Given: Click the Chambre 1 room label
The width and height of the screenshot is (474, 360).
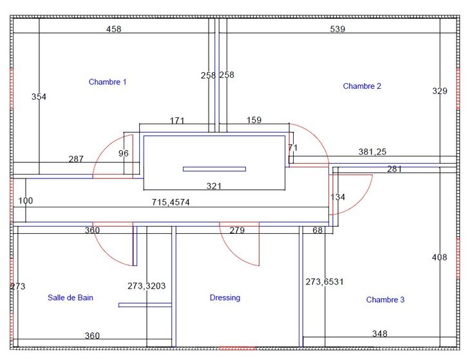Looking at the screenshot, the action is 108,82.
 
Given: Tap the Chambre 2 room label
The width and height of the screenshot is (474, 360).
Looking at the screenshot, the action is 362,86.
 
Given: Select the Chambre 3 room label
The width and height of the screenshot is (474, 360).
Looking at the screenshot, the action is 385,299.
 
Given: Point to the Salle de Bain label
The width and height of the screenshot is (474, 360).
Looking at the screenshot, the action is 70,298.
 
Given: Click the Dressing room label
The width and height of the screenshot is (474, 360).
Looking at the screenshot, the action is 225,298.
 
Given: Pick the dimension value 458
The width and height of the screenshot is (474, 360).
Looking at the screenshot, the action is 113,29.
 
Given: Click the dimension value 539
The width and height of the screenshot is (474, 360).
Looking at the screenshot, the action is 337,29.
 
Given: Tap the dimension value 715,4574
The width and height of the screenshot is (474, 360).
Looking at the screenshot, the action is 171,202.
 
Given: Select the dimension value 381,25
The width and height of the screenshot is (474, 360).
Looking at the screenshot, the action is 372,152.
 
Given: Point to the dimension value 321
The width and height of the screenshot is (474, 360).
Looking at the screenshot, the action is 214,186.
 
